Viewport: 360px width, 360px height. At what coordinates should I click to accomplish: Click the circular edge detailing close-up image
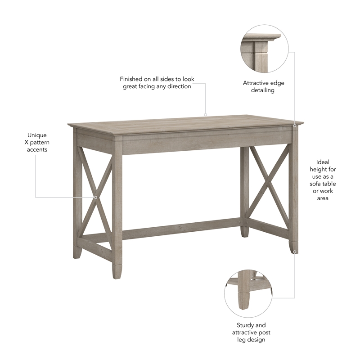(x=264, y=49)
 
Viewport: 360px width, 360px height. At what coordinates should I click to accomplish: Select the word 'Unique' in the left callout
(x=37, y=135)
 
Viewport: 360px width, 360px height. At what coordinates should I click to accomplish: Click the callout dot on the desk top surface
(x=206, y=114)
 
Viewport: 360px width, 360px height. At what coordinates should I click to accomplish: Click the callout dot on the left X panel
(x=95, y=197)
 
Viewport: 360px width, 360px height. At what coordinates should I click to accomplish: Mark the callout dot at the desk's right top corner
(x=295, y=126)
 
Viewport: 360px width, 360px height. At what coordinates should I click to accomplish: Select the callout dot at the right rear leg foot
(x=295, y=252)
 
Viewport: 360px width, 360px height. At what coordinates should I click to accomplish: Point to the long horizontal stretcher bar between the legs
(x=180, y=229)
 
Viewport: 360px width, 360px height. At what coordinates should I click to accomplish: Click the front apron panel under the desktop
(x=180, y=143)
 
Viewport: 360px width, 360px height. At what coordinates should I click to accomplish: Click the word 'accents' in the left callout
(x=37, y=149)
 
